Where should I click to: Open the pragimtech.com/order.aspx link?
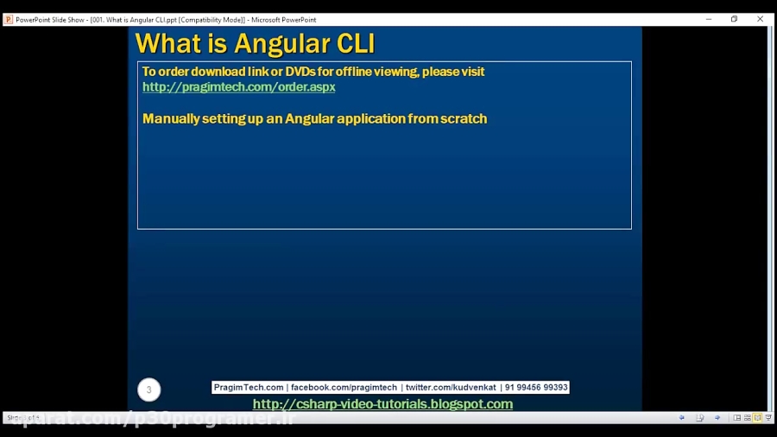point(238,87)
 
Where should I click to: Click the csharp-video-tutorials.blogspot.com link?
point(382,404)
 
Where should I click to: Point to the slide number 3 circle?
point(148,389)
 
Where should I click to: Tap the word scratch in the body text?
point(464,118)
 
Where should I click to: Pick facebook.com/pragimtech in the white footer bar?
point(344,388)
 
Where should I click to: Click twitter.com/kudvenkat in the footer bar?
point(451,388)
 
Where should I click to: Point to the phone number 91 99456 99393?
point(536,388)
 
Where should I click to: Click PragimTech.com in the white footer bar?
point(249,388)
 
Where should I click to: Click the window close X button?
point(761,19)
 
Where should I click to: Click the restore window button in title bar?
point(734,19)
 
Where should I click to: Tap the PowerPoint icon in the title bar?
point(9,19)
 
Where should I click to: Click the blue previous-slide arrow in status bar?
point(681,418)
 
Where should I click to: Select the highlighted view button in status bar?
point(757,418)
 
